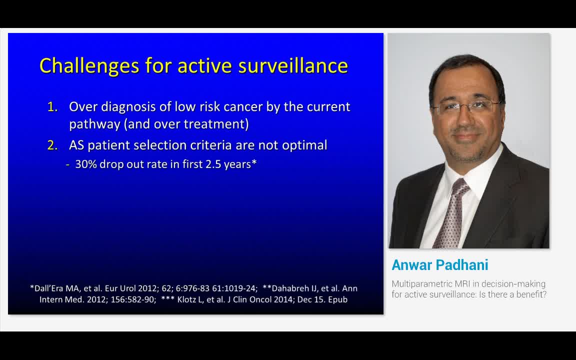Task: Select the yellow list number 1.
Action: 52,107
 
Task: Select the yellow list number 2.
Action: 52,145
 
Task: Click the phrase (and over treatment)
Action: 186,124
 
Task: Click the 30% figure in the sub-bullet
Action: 86,164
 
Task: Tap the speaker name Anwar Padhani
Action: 440,265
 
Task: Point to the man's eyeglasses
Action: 466,106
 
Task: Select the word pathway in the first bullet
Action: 94,124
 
